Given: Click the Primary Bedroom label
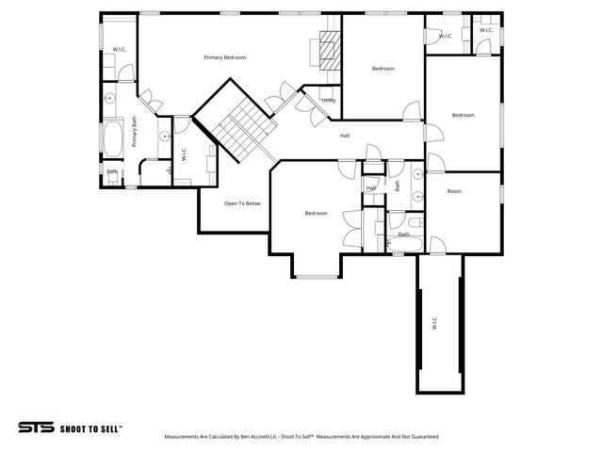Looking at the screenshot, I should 224,57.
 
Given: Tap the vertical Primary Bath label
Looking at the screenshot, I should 135,133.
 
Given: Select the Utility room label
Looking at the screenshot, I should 328,100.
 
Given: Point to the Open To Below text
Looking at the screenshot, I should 242,202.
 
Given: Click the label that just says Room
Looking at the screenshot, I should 454,191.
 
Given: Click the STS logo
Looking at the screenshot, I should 37,427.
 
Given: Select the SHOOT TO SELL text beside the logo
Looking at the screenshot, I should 91,428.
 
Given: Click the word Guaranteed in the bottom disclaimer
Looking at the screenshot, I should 423,437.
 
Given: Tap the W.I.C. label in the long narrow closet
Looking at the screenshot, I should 434,322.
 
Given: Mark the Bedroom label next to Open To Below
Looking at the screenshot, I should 316,213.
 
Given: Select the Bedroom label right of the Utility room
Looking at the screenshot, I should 383,68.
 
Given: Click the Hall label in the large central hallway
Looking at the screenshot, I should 346,136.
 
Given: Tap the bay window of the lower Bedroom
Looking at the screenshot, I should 316,276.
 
